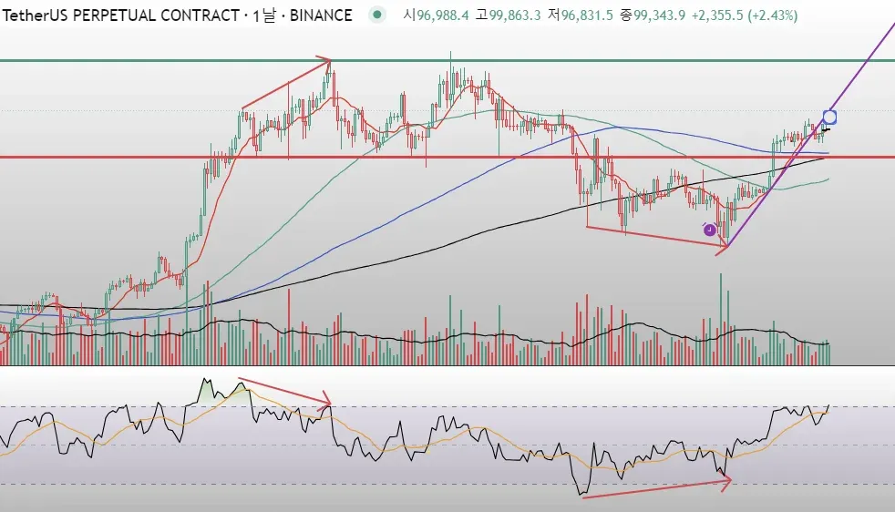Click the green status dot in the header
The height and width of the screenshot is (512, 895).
376,15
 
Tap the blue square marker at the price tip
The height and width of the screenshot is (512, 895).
829,117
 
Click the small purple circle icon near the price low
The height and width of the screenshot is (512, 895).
710,230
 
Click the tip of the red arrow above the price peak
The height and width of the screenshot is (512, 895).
329,61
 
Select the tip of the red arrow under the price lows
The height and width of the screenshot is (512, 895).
726,245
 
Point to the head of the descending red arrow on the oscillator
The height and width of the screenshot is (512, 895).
330,404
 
